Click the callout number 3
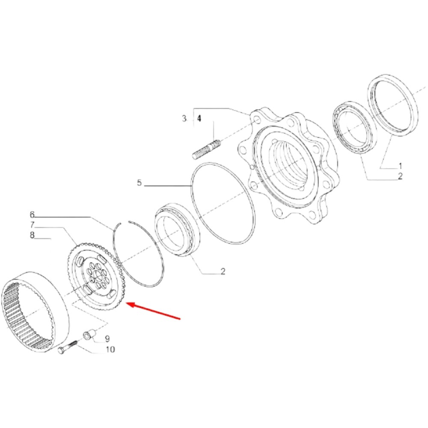click(x=184, y=119)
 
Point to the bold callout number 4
click(x=199, y=119)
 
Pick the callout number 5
click(x=140, y=183)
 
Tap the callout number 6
click(x=32, y=214)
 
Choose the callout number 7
click(x=32, y=225)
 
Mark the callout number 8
click(x=32, y=235)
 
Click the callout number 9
click(x=107, y=339)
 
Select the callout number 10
click(x=110, y=349)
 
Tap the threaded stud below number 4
click(x=206, y=149)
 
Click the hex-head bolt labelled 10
click(x=68, y=347)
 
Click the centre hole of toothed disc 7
click(x=96, y=275)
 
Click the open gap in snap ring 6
click(x=124, y=222)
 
